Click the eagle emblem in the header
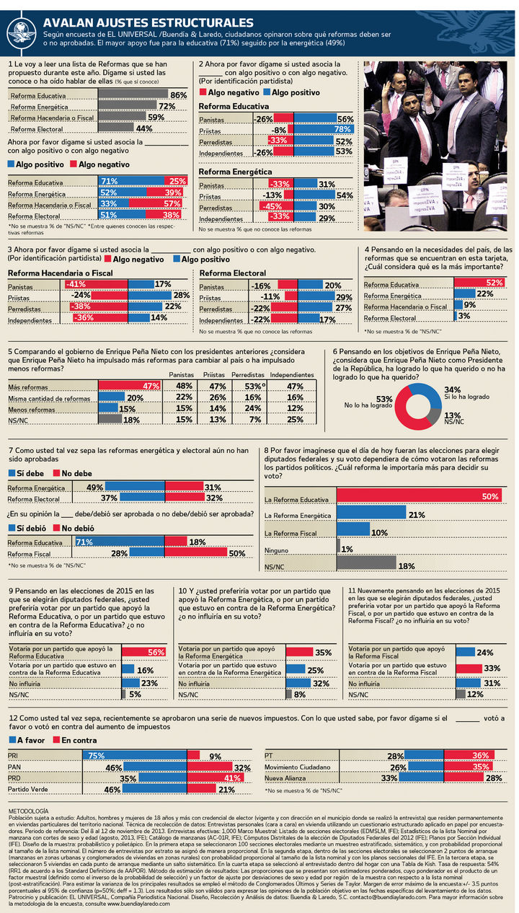click(22, 30)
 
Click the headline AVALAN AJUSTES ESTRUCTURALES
click(148, 22)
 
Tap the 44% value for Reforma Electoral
click(144, 128)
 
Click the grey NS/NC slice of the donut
click(433, 415)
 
